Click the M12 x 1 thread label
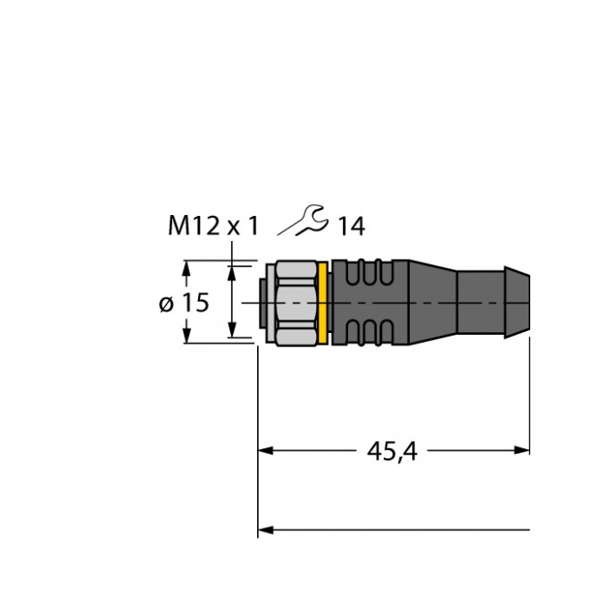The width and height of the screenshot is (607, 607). [213, 226]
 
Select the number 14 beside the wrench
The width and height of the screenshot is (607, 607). [352, 227]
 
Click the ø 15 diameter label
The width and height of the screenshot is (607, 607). [184, 303]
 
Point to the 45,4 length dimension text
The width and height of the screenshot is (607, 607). [392, 451]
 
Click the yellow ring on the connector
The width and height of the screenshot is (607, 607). [323, 303]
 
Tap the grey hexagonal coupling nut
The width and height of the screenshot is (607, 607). [296, 303]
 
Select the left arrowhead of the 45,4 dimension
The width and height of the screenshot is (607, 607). [266, 451]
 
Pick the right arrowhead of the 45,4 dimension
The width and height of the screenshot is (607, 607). [521, 450]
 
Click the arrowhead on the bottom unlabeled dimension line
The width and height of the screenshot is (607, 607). [266, 529]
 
